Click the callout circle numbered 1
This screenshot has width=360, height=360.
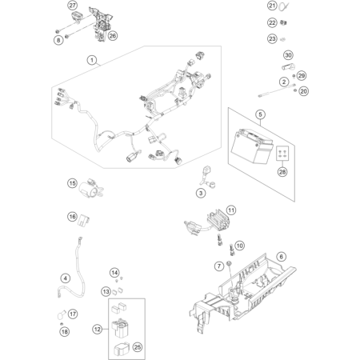coord(92,60)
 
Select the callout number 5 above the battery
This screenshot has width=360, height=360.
coord(260,114)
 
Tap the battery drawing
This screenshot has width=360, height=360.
coord(252,146)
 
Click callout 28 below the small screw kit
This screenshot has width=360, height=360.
coord(282,172)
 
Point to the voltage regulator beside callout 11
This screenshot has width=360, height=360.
coord(218,220)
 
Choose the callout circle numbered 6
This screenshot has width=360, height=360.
coord(281,257)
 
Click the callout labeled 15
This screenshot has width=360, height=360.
coord(72,183)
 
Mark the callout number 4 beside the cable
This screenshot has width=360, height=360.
coord(66,278)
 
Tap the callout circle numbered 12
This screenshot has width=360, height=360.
coord(98,330)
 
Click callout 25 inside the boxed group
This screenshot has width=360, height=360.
coord(138,347)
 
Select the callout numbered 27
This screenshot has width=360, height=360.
coord(72,6)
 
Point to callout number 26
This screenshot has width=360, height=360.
coord(113,36)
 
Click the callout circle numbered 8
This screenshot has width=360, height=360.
coord(58,40)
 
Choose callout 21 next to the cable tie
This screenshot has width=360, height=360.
coord(272,6)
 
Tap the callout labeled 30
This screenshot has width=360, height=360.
coord(288,55)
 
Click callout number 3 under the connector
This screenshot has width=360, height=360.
coord(201,193)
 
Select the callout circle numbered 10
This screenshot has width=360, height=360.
coord(239,246)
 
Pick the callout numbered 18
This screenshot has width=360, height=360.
coord(64,332)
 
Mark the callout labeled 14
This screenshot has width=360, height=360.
coord(114,273)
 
